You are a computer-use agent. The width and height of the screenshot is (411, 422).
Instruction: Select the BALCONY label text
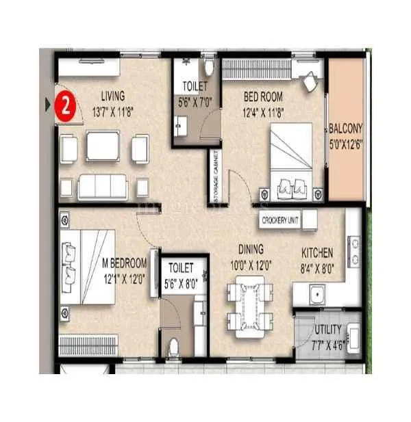point(346,128)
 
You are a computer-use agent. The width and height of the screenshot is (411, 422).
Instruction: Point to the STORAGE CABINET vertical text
point(215,172)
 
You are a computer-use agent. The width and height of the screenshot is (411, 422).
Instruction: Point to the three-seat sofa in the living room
point(103,186)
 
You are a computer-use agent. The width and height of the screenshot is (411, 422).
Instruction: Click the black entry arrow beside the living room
point(47,105)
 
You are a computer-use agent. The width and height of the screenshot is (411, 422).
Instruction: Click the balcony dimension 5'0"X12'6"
point(346,142)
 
